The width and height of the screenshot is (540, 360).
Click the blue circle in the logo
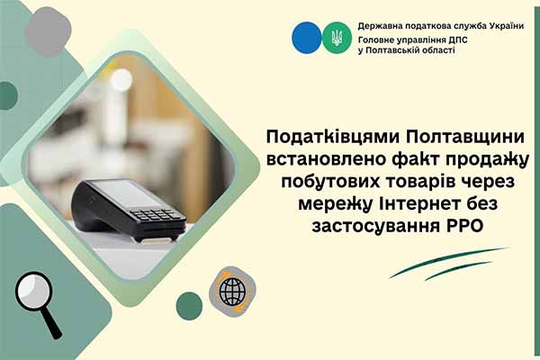click(x=307, y=37)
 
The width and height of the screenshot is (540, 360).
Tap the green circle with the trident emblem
click(x=336, y=37)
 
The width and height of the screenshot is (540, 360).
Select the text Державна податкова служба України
click(x=440, y=25)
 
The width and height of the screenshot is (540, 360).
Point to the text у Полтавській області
click(x=406, y=50)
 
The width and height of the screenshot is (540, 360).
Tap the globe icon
click(x=231, y=290)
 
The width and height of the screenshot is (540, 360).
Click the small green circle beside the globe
click(x=189, y=305)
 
